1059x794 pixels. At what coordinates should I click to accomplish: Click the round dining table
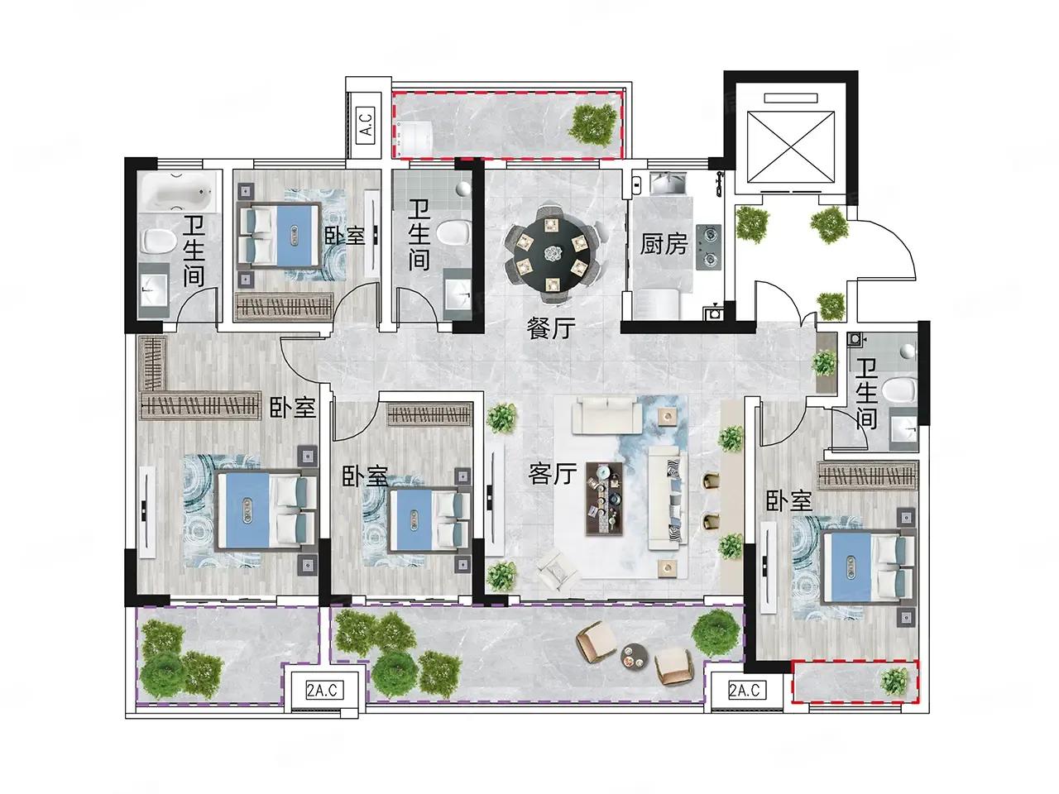click(552, 253)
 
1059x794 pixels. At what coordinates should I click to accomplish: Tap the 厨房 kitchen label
click(663, 245)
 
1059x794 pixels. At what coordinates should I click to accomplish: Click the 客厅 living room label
click(552, 474)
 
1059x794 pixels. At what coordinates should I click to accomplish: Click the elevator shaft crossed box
click(790, 147)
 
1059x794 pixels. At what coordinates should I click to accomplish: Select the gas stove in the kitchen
click(708, 246)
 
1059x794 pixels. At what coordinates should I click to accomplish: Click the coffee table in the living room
click(604, 498)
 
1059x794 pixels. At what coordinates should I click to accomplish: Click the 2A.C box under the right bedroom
click(745, 691)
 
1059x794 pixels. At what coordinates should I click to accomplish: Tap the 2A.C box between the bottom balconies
click(324, 691)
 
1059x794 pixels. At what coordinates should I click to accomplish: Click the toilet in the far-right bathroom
click(899, 388)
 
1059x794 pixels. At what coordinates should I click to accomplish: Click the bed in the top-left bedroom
click(280, 235)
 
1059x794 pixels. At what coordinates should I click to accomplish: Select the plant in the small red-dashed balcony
click(894, 682)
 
